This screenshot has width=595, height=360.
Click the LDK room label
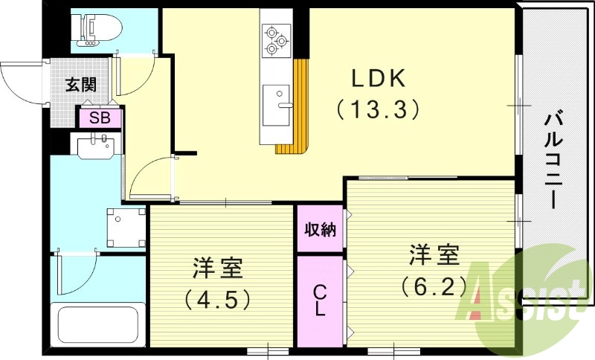[x=378, y=77]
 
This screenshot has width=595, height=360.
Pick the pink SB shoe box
[x=100, y=118]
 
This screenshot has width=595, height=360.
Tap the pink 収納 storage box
[x=320, y=229]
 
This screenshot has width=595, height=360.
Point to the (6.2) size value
[x=433, y=286]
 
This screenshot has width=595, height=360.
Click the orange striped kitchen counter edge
[x=297, y=112]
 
